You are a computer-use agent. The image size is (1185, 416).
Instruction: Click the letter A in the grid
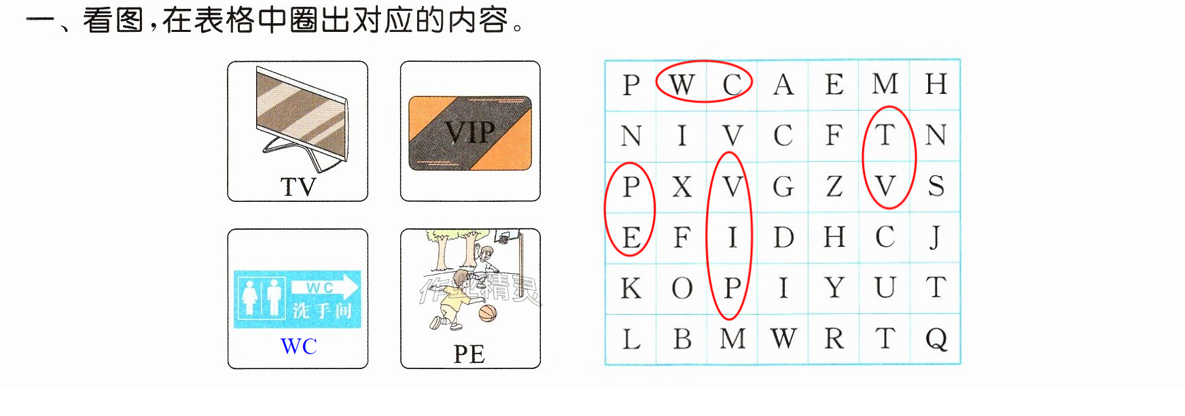pos(783,85)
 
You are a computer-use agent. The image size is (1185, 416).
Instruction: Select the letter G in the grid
pos(783,186)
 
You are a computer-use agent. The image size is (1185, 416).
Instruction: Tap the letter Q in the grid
pos(936,339)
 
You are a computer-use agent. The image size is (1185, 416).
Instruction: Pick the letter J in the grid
pos(936,237)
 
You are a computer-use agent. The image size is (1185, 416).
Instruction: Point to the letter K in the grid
pos(631,288)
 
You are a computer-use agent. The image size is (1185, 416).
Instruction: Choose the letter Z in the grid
pos(834,186)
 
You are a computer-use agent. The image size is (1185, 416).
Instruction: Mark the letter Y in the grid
pos(834,288)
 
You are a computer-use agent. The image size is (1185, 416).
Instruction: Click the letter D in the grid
pos(783,237)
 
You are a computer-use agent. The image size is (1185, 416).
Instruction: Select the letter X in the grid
pos(682,186)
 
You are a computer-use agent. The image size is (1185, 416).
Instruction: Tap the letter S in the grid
pos(936,186)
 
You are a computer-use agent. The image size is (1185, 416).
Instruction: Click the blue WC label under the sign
pos(298,347)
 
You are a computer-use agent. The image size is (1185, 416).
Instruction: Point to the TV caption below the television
pos(298,187)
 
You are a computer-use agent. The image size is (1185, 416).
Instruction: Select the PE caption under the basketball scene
pos(469,354)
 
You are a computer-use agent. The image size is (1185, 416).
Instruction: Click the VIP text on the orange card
pos(470,132)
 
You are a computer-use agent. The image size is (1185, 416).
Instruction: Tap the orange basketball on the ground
pos(488,313)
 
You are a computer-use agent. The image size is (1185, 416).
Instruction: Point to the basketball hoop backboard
pos(503,236)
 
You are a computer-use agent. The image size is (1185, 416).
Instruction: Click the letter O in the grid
pos(682,288)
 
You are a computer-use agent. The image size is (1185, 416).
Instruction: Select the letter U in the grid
pos(885,288)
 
